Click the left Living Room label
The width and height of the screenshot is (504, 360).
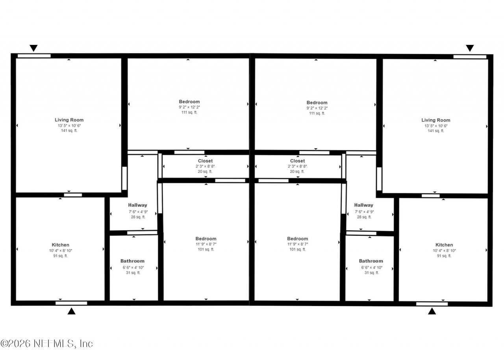pyautogui.click(x=69, y=120)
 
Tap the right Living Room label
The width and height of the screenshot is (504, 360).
pyautogui.click(x=436, y=120)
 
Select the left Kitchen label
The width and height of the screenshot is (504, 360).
pyautogui.click(x=61, y=245)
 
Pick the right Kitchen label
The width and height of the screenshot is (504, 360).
pyautogui.click(x=444, y=245)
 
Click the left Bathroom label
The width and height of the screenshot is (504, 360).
pyautogui.click(x=132, y=261)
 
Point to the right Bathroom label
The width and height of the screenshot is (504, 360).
pyautogui.click(x=371, y=261)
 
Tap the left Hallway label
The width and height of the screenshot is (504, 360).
pyautogui.click(x=138, y=205)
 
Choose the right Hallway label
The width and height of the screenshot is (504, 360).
pyautogui.click(x=363, y=205)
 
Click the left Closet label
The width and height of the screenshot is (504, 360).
pyautogui.click(x=205, y=161)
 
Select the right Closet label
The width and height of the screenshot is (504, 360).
pyautogui.click(x=297, y=161)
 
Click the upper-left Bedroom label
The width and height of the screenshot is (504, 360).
pyautogui.click(x=189, y=102)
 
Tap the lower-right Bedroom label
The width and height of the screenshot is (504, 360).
pyautogui.click(x=297, y=239)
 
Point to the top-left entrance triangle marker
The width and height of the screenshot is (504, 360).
pyautogui.click(x=33, y=48)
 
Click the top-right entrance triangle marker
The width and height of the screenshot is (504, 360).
pyautogui.click(x=470, y=48)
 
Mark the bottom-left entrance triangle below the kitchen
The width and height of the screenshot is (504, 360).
pyautogui.click(x=72, y=311)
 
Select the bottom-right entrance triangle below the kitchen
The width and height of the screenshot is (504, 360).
pyautogui.click(x=432, y=311)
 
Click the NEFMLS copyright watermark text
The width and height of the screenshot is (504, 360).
pyautogui.click(x=46, y=343)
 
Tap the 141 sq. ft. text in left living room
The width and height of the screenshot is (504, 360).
pyautogui.click(x=69, y=130)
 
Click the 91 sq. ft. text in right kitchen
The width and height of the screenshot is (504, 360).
pyautogui.click(x=444, y=256)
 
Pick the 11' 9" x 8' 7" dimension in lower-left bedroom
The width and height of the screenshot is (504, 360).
pyautogui.click(x=206, y=244)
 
